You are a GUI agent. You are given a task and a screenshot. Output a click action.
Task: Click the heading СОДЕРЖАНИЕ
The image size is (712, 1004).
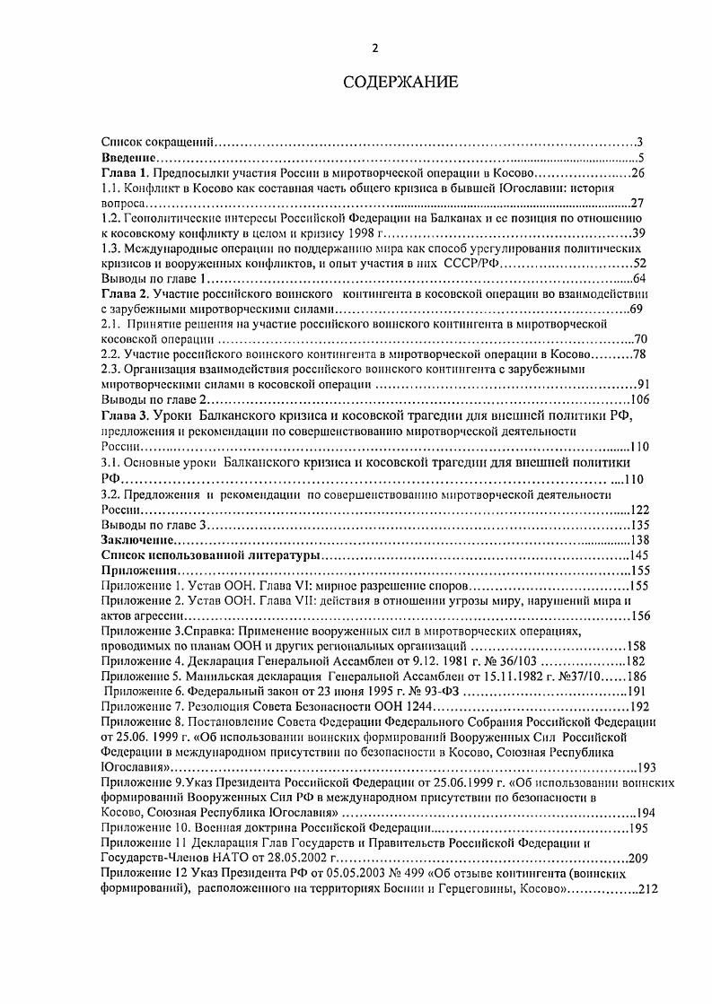[x=401, y=83]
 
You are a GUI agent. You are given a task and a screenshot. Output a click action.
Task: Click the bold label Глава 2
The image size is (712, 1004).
[x=126, y=294]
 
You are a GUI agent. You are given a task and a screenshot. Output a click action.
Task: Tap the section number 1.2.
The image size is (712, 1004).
[x=111, y=218]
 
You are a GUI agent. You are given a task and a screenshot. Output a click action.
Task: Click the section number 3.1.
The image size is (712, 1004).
[x=111, y=463]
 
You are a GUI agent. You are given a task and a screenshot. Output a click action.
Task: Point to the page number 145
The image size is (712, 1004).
[x=638, y=556]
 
